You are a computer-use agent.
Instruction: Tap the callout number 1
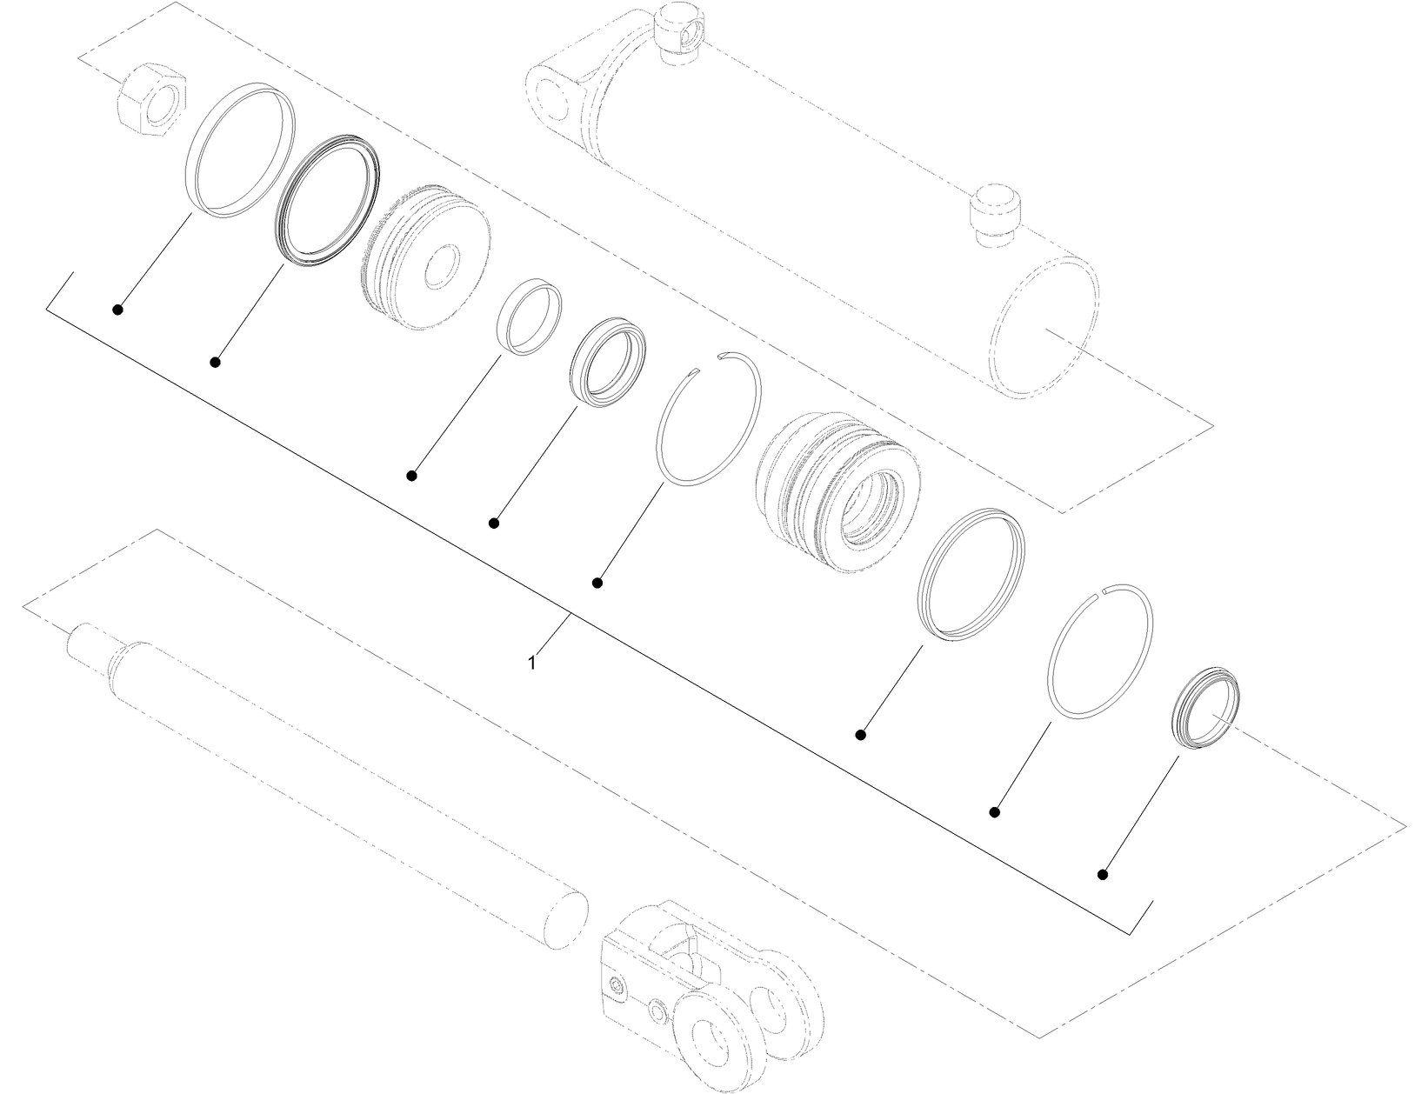531,663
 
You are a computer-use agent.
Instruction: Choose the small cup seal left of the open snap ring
609,363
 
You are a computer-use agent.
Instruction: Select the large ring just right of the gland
971,575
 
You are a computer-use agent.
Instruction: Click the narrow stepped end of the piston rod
87,644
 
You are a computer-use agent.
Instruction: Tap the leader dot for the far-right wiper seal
1103,874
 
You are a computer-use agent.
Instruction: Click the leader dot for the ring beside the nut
117,309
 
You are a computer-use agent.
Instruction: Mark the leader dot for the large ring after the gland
861,735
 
